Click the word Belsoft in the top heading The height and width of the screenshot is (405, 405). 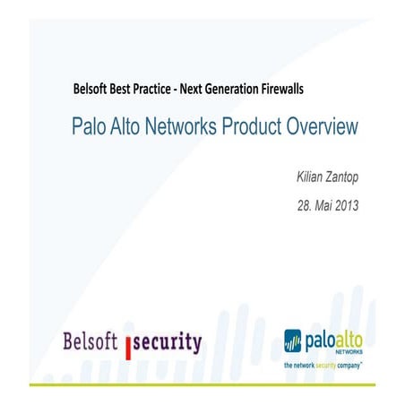92,90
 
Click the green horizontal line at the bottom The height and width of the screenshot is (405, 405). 202,383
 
